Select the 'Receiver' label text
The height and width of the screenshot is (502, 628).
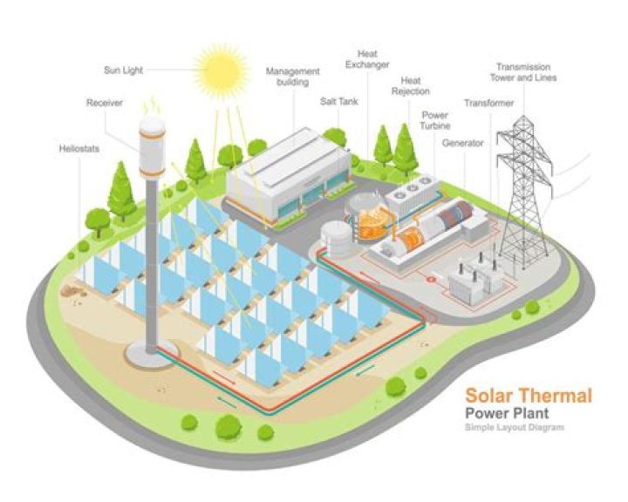pyautogui.click(x=104, y=103)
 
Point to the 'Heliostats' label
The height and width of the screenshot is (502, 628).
pyautogui.click(x=80, y=149)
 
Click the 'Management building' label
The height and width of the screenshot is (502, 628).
pyautogui.click(x=293, y=77)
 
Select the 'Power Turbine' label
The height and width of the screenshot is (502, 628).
pyautogui.click(x=435, y=119)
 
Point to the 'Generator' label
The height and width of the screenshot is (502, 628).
pyautogui.click(x=462, y=142)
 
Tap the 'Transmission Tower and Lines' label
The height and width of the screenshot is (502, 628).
pyautogui.click(x=526, y=71)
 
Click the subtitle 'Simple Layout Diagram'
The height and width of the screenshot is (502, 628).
pyautogui.click(x=514, y=428)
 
